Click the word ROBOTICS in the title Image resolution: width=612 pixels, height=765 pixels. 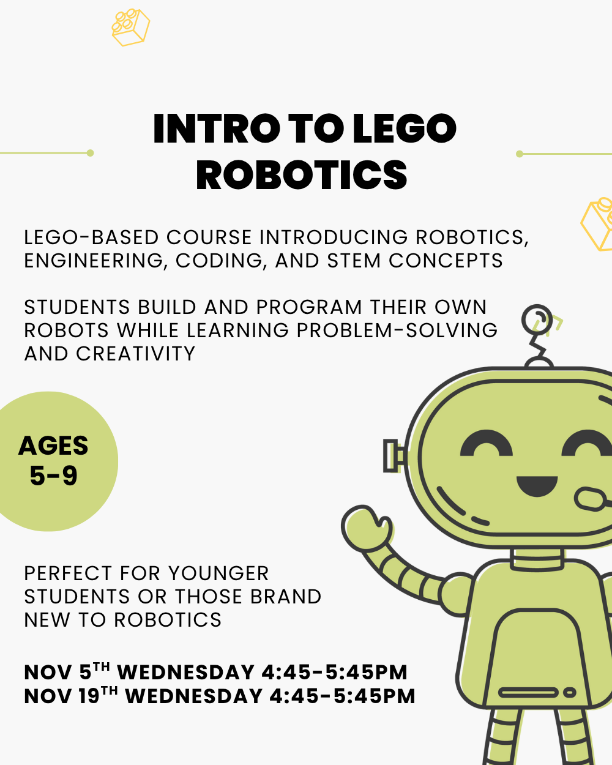pos(302,175)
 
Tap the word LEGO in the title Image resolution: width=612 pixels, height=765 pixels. pos(405,129)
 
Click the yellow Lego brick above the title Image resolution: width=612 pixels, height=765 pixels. pos(130,27)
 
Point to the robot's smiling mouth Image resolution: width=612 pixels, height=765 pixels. pos(537,486)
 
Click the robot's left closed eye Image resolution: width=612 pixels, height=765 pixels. pos(487,445)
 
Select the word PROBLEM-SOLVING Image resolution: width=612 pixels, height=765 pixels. pos(397,330)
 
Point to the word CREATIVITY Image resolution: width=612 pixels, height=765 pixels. pos(136,354)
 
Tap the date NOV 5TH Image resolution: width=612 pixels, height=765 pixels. pos(67,673)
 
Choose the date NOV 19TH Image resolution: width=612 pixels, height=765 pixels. pos(71,696)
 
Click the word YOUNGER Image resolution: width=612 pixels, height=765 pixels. pos(218,573)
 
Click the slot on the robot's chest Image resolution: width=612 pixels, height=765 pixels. pos(529,693)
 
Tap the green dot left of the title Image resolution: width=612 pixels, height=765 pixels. pos(91,153)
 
